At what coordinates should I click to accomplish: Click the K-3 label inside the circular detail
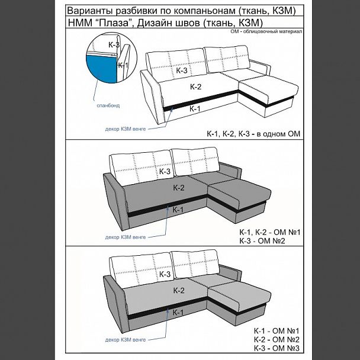114,44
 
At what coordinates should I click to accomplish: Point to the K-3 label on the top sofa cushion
182,70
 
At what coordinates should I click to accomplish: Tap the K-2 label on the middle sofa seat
179,188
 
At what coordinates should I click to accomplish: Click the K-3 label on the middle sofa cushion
165,171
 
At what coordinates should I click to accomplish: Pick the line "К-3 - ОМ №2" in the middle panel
270,241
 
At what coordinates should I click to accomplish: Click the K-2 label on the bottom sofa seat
179,290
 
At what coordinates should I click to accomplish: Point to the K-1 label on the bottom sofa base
178,312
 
